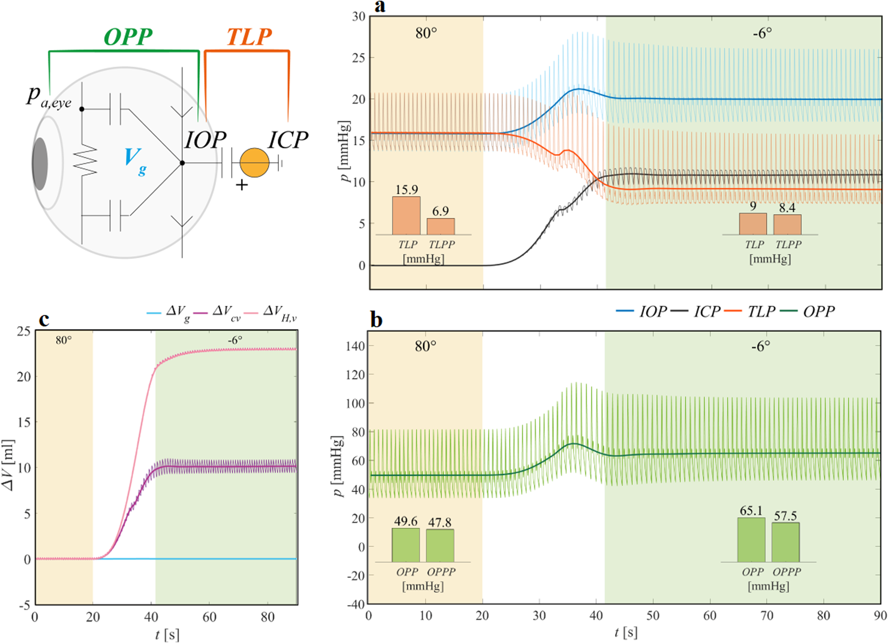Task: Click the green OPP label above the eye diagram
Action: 128,36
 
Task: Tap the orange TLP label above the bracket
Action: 249,36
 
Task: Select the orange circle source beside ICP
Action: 254,163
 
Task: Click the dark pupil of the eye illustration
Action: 40,164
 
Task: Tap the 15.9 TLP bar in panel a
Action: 406,215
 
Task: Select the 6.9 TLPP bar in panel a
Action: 441,226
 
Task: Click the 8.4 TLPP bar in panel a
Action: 787,225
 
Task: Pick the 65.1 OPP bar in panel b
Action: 751,540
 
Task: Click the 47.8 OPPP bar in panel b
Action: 440,545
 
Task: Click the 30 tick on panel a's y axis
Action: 359,16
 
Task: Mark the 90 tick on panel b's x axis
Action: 880,616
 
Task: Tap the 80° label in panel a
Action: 426,33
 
